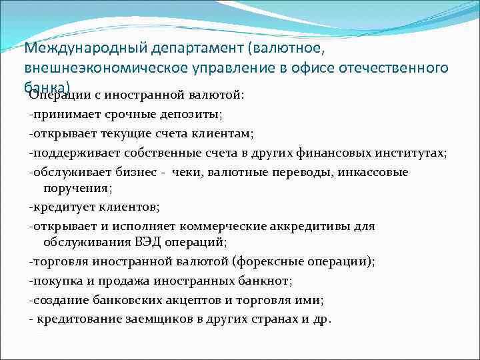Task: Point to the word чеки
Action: [187, 173]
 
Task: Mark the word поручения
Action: [73, 188]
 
